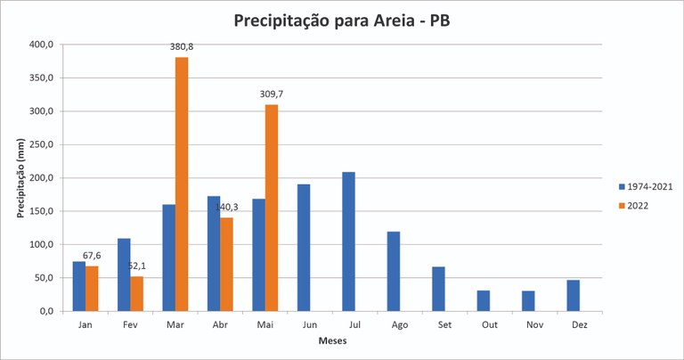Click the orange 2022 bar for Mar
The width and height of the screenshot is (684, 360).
click(x=182, y=184)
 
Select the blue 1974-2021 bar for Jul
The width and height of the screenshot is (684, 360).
click(x=347, y=241)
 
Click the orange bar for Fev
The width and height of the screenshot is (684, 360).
click(x=136, y=294)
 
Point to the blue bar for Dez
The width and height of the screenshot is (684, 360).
click(x=573, y=296)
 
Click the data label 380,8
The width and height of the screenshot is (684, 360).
click(x=182, y=47)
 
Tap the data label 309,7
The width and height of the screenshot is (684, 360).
click(x=272, y=94)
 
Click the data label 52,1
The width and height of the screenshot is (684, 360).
click(x=136, y=266)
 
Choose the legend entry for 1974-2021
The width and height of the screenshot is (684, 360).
click(x=646, y=186)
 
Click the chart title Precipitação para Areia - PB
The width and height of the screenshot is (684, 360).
click(x=341, y=20)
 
